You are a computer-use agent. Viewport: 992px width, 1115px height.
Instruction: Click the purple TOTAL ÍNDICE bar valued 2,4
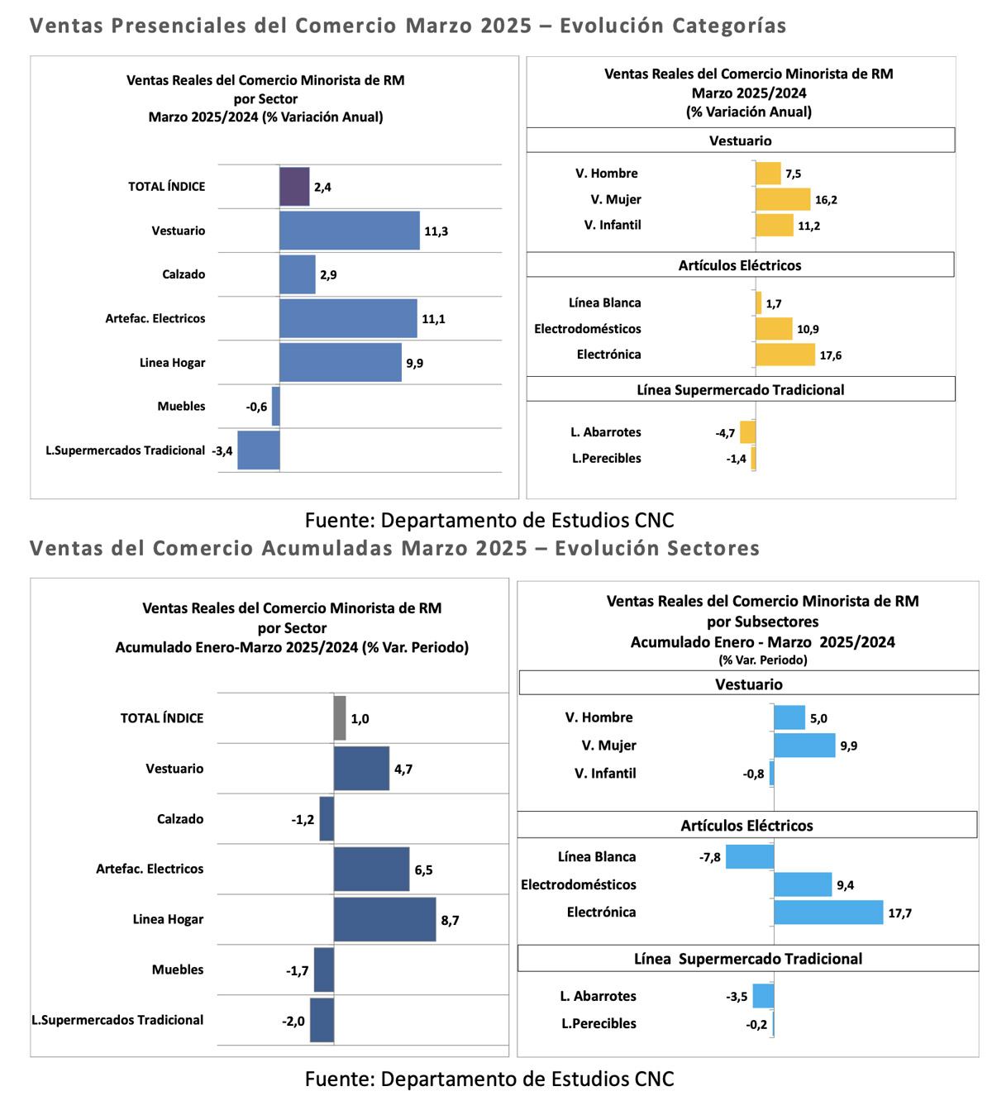[x=294, y=187]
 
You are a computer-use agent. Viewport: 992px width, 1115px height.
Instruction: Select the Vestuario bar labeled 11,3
[x=350, y=231]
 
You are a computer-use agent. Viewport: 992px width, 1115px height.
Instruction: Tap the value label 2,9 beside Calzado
[x=328, y=274]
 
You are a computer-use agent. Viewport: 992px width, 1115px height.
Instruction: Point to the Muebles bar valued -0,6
[x=276, y=406]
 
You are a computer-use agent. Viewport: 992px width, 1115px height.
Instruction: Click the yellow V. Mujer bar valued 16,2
[x=783, y=199]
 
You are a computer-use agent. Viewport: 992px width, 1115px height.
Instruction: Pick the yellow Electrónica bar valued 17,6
[x=785, y=355]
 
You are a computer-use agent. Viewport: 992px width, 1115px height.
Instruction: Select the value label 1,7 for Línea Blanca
[x=774, y=303]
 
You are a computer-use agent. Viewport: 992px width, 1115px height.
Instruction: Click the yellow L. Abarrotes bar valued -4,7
[x=747, y=432]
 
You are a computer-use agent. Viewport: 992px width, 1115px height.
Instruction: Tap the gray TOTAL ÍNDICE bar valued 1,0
[x=341, y=717]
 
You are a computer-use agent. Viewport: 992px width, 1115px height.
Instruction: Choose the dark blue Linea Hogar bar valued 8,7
[x=384, y=919]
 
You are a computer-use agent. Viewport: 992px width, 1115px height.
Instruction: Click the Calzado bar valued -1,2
[x=327, y=818]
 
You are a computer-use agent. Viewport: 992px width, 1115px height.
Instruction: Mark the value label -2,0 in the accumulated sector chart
[x=293, y=1022]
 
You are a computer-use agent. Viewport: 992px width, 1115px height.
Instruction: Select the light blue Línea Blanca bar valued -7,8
[x=750, y=857]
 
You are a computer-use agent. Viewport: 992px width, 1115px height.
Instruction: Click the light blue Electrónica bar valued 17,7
[x=828, y=912]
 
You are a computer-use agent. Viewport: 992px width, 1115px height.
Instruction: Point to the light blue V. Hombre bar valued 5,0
[x=789, y=717]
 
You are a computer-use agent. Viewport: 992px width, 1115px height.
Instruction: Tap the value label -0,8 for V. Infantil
[x=753, y=774]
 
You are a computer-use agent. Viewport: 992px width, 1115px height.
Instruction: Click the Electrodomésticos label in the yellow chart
[x=588, y=329]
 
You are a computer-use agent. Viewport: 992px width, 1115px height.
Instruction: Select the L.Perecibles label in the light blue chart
[x=599, y=1023]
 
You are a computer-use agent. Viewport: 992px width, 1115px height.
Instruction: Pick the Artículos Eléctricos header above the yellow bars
[x=740, y=265]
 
